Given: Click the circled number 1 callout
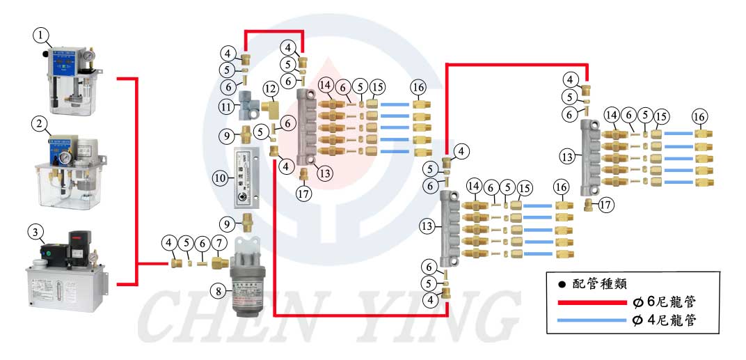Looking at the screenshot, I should click(44, 34).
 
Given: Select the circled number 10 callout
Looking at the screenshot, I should click(220, 178).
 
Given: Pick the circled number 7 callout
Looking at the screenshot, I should click(219, 244).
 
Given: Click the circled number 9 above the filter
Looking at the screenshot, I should click(227, 224).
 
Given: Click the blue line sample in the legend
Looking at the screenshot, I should click(592, 320).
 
